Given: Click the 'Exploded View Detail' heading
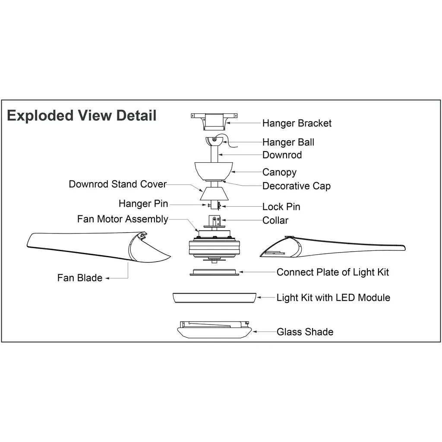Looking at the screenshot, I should (82, 116).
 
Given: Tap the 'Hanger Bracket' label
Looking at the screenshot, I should (297, 123).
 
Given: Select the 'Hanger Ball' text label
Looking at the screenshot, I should (288, 142).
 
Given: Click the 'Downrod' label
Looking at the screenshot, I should (282, 155).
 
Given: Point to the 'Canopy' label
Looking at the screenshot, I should (279, 172).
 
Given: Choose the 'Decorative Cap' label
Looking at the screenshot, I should (297, 186).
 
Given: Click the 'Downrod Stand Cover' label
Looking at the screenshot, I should (117, 184).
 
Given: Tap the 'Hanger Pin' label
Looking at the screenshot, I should (143, 203).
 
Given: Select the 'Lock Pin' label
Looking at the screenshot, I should (281, 207).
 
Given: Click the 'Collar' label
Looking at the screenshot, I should (275, 221).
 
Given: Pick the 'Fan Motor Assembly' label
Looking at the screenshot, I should (123, 219).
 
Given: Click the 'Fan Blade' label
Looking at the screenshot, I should (80, 278).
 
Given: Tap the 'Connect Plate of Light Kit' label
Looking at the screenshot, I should (333, 272).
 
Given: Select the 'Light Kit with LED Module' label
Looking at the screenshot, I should (333, 297).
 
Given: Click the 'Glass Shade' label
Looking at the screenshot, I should (305, 332).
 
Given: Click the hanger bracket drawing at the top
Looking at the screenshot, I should (215, 120).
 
